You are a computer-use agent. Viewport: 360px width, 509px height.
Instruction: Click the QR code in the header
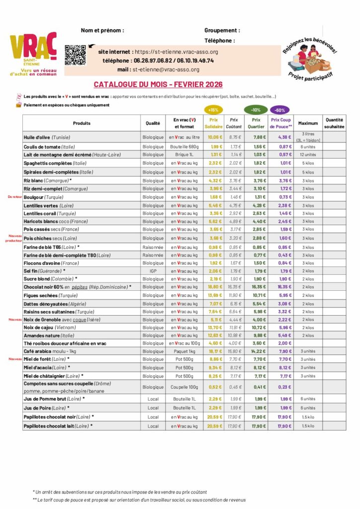pyautogui.click(x=75, y=55)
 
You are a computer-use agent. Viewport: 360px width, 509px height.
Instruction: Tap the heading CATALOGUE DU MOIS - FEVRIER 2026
pyautogui.click(x=158, y=85)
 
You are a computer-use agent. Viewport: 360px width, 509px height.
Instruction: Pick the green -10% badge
pyautogui.click(x=256, y=109)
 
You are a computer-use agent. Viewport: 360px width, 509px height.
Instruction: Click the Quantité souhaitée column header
pyautogui.click(x=334, y=123)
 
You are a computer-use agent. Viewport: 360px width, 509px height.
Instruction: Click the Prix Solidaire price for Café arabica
pyautogui.click(x=215, y=351)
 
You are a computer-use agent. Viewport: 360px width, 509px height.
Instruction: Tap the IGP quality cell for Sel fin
pyautogui.click(x=153, y=271)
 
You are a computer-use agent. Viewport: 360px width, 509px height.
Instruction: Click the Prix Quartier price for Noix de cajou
pyautogui.click(x=256, y=328)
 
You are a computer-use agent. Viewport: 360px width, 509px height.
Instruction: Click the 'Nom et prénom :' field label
pyautogui.click(x=102, y=30)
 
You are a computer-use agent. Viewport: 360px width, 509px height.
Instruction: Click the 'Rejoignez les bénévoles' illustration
pyautogui.click(x=309, y=57)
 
